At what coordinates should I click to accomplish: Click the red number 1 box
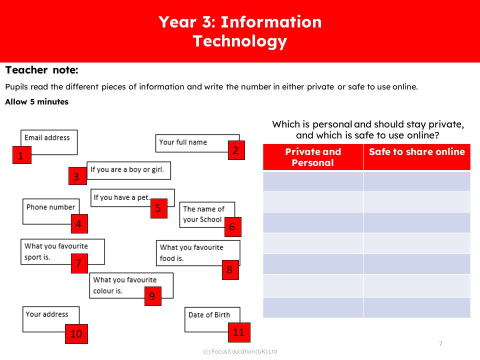point(21,155)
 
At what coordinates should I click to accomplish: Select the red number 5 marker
point(158,208)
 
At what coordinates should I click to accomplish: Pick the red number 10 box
point(76,333)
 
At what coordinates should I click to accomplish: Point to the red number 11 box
point(238,332)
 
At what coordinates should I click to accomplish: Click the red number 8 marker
point(229,270)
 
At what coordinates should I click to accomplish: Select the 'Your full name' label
point(183,142)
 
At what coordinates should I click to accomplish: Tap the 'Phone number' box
point(50,207)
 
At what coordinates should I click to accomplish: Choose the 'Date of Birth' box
point(209,315)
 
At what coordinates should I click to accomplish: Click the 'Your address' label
point(46,314)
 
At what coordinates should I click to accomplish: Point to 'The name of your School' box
point(203,214)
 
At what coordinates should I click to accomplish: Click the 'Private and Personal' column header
point(313,157)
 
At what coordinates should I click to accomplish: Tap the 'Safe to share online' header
point(416,152)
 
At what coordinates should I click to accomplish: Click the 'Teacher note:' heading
point(42,70)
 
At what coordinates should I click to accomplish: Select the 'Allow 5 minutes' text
point(36,102)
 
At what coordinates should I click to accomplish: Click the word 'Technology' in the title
point(240,41)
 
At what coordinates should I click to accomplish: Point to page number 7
point(440,343)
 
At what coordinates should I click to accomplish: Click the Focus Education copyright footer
point(240,351)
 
